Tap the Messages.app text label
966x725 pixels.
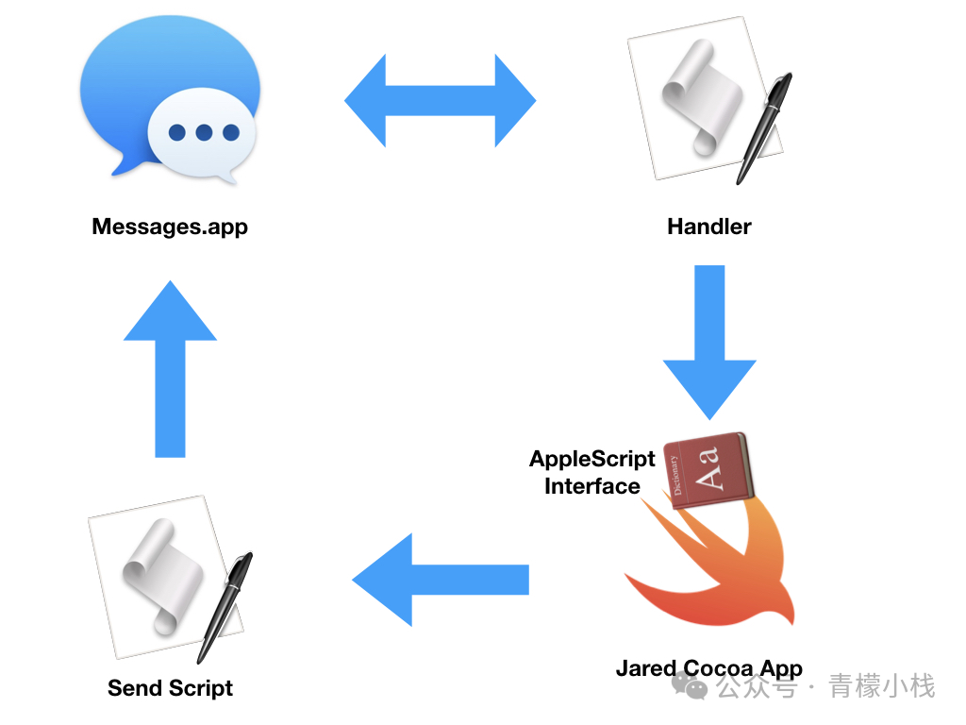point(170,228)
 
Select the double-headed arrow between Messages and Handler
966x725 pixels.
point(440,100)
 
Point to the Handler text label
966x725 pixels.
point(709,228)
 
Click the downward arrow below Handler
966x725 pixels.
point(709,340)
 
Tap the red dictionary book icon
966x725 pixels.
point(708,470)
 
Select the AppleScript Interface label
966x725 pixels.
point(592,473)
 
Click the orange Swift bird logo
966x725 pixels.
point(717,566)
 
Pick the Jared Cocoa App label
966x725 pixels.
point(709,669)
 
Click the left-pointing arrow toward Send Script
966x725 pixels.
point(440,580)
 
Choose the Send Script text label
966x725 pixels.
point(170,688)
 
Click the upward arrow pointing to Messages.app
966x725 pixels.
point(170,368)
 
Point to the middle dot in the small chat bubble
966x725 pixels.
point(204,133)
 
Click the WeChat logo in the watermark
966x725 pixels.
point(695,687)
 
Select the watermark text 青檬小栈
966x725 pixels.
point(882,686)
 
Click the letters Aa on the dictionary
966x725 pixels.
point(714,469)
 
